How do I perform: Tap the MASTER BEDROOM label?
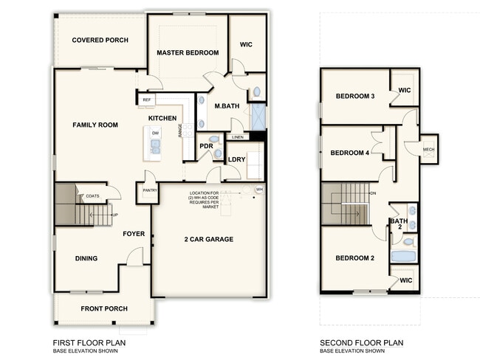tap(188, 52)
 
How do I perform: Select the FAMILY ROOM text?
tap(95, 125)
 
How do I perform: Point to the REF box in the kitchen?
tap(146, 100)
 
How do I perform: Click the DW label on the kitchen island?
tap(155, 133)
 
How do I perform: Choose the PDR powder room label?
tap(206, 145)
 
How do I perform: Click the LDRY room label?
tap(236, 159)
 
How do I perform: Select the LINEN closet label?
tap(237, 137)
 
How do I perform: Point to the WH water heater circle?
tap(258, 190)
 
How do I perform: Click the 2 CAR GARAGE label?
tap(208, 239)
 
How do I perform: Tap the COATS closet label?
tap(92, 195)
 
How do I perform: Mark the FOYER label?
tap(134, 234)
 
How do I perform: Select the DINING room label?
tap(86, 258)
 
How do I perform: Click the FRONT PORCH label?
tap(103, 308)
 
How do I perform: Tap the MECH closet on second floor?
tap(428, 150)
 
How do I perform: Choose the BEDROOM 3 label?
tap(355, 96)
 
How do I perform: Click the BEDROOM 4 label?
tap(349, 153)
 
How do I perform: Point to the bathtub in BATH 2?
tap(403, 256)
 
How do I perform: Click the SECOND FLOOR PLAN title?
tap(361, 342)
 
